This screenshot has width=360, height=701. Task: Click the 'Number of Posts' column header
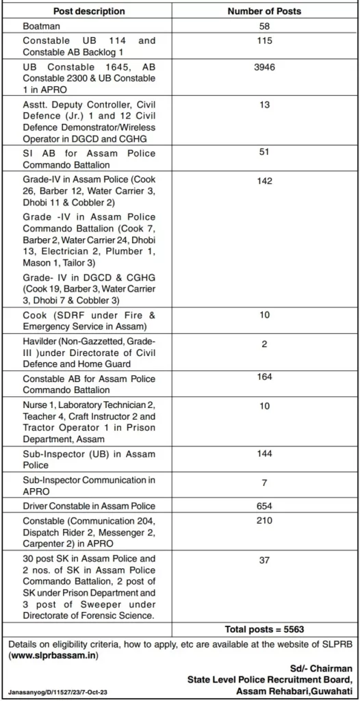265,12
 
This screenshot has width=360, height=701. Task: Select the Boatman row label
41,26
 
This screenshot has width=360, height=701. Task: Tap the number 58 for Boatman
265,26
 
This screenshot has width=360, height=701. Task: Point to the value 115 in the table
265,41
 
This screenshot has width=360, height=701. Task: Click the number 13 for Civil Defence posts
265,105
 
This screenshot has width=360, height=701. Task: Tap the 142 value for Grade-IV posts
265,181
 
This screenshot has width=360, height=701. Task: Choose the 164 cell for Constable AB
265,377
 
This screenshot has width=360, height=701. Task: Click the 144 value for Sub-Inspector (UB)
265,454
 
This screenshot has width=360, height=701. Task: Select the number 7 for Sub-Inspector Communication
265,483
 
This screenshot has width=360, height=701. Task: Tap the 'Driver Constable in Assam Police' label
89,506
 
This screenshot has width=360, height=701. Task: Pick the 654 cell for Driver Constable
265,506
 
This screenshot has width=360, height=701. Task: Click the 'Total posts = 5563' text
264,629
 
